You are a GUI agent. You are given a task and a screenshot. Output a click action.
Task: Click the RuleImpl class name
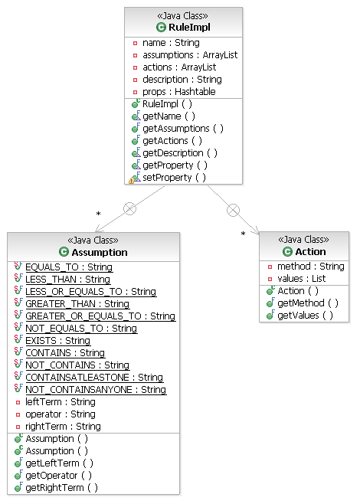188,28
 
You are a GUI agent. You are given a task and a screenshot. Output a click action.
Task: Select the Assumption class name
100,252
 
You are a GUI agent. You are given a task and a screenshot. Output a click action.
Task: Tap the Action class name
310,251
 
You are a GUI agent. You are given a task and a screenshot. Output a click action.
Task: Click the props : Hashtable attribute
178,91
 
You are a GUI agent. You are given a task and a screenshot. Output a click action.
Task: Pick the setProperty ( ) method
174,177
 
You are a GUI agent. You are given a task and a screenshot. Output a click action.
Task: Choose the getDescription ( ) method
179,152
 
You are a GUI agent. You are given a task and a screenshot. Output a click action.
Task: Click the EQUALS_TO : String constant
69,267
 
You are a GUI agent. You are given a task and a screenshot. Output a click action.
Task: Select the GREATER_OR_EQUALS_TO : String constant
100,316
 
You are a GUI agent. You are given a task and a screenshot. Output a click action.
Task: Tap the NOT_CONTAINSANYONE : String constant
96,390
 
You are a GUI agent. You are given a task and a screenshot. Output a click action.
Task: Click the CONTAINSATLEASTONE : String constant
94,378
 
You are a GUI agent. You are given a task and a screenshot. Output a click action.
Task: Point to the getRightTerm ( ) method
61,488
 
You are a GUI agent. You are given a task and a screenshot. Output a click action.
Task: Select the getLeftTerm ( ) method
59,463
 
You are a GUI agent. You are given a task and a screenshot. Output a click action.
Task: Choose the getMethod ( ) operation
308,303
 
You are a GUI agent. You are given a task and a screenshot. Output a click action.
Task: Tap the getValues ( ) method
305,316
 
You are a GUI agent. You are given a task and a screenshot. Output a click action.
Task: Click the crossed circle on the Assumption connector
129,208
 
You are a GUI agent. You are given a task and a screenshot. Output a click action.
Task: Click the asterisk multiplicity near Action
244,234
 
